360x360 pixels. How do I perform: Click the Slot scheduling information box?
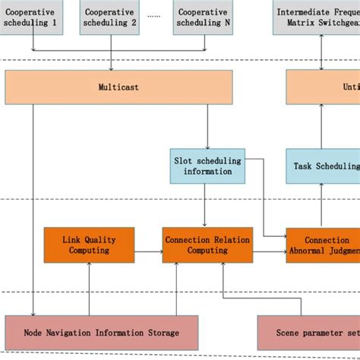207,166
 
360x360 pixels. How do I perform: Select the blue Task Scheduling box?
323,166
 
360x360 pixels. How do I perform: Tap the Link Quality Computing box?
89,245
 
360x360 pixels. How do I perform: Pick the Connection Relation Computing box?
207,245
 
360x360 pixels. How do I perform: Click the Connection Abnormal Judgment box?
323,245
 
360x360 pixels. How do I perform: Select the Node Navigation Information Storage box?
101,332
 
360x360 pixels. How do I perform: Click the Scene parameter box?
308,332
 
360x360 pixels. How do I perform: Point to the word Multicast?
118,87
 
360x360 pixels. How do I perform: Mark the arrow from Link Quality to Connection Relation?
149,245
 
